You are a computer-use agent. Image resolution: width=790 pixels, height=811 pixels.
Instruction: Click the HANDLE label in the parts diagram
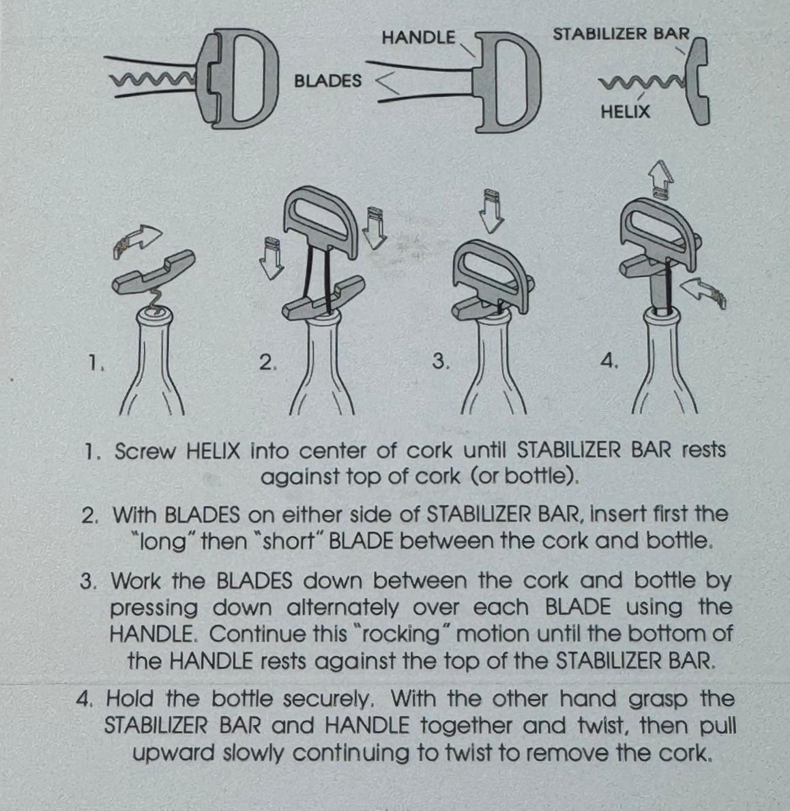(x=419, y=38)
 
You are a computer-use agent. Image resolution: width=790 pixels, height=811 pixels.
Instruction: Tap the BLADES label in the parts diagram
(x=327, y=81)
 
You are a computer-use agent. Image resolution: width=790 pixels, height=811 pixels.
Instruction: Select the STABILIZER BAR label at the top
(x=621, y=34)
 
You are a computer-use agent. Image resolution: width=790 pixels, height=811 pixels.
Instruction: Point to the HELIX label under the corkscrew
(x=625, y=112)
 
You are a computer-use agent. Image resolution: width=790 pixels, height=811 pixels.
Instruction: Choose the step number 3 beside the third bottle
(x=440, y=361)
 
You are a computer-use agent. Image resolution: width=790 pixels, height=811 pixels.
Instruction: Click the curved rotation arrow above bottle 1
(x=136, y=241)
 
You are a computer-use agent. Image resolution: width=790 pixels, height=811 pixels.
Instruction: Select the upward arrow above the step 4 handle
(x=662, y=179)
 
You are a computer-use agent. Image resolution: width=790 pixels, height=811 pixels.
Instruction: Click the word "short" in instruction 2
(x=289, y=541)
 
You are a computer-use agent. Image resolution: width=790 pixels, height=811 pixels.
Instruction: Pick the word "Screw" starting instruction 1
(x=145, y=451)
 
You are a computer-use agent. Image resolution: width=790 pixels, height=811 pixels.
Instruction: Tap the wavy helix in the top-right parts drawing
(x=641, y=83)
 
